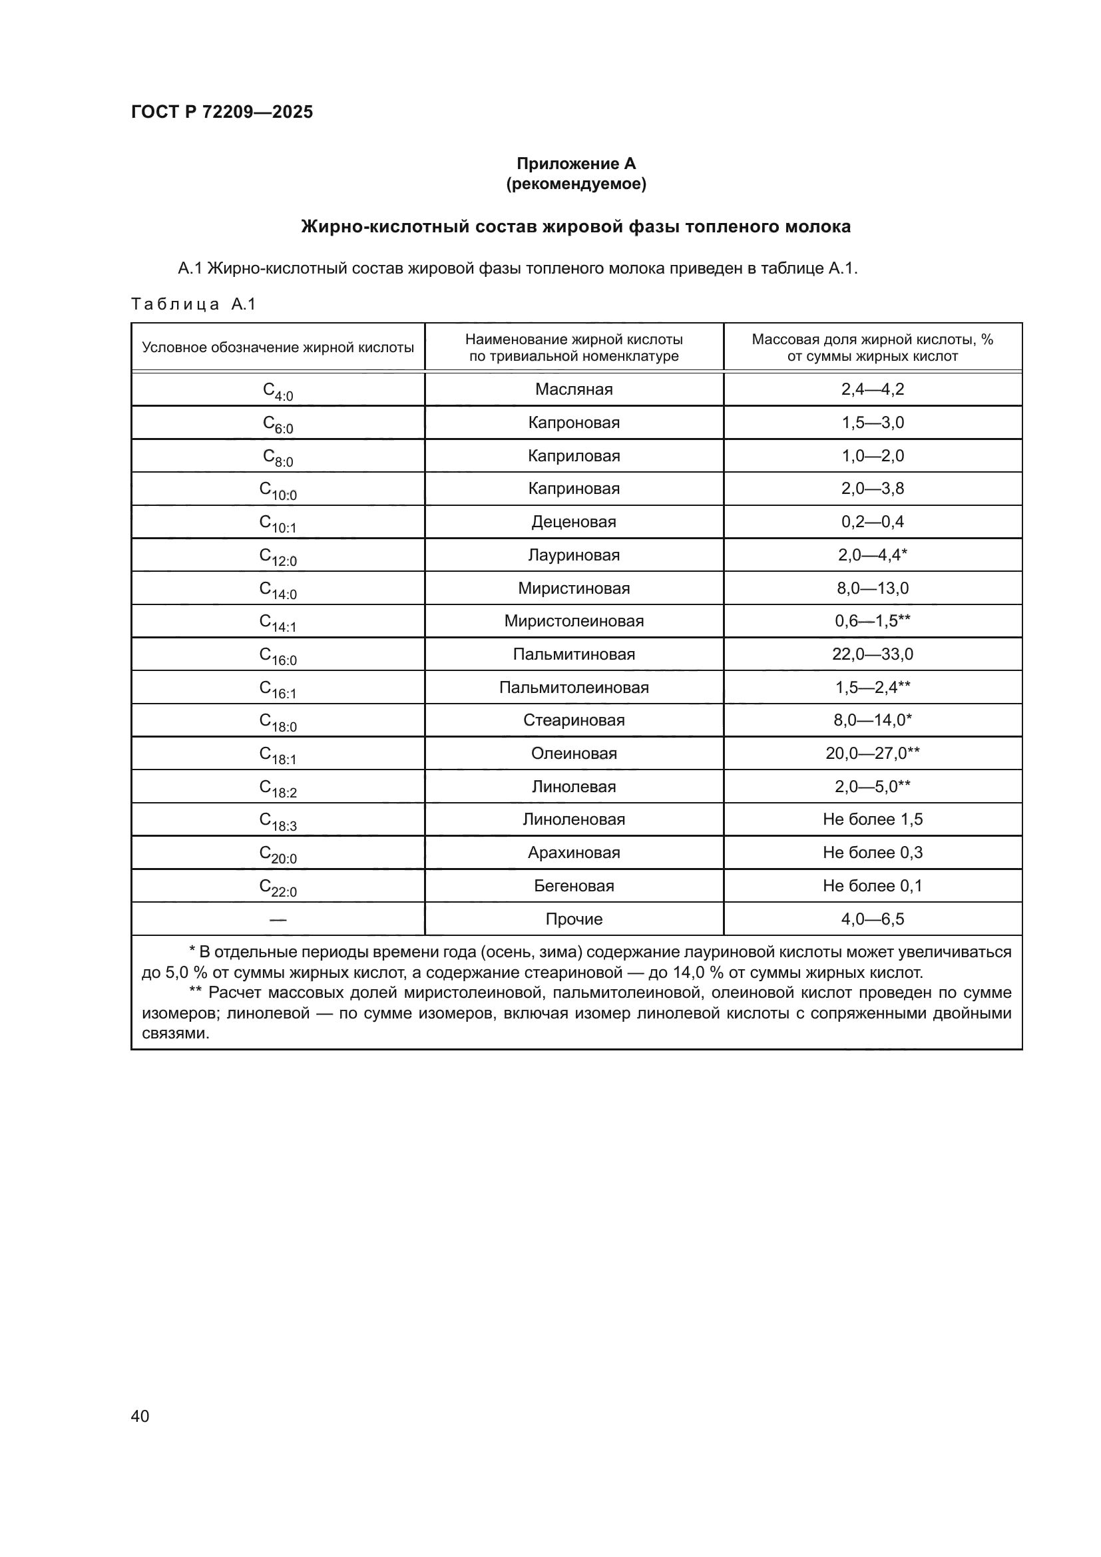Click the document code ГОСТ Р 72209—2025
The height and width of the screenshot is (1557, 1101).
pyautogui.click(x=222, y=112)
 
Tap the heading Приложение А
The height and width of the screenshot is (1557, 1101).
pyautogui.click(x=576, y=164)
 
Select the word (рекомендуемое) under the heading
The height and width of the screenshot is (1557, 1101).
pyautogui.click(x=576, y=184)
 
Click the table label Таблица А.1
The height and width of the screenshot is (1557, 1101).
pyautogui.click(x=193, y=304)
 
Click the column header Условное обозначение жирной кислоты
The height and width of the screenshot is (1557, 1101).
pyautogui.click(x=278, y=348)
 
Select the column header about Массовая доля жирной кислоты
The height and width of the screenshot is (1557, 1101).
pyautogui.click(x=872, y=348)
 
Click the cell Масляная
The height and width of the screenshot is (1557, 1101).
pyautogui.click(x=574, y=389)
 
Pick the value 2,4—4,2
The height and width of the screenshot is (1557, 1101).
pyautogui.click(x=872, y=389)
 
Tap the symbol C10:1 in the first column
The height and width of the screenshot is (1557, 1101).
pyautogui.click(x=278, y=523)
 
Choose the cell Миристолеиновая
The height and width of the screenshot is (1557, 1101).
pyautogui.click(x=574, y=621)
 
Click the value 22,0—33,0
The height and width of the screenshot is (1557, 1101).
pyautogui.click(x=872, y=654)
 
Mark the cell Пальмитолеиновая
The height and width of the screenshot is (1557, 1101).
pyautogui.click(x=574, y=688)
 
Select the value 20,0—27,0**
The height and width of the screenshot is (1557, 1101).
pyautogui.click(x=872, y=754)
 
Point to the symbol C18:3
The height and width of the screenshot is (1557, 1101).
pyautogui.click(x=278, y=821)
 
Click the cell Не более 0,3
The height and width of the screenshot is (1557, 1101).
pyautogui.click(x=872, y=853)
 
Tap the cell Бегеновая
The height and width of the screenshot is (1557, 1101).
pyautogui.click(x=574, y=885)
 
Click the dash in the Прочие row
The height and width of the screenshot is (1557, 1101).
pyautogui.click(x=278, y=919)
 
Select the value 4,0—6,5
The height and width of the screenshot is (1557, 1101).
pyautogui.click(x=872, y=919)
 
